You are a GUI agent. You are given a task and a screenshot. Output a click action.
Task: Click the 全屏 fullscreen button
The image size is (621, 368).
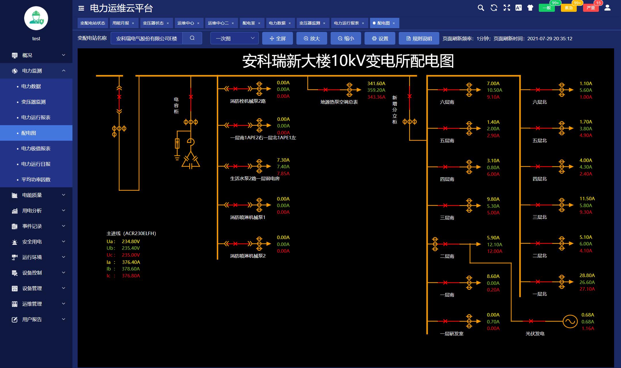click(277, 39)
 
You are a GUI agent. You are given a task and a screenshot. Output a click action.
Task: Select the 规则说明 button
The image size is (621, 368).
click(419, 39)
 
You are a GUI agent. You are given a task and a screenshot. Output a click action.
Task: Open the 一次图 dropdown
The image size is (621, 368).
click(235, 38)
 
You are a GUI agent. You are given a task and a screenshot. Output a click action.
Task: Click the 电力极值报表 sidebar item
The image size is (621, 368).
click(36, 148)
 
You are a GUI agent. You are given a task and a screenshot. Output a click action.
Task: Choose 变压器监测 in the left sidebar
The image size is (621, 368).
click(33, 102)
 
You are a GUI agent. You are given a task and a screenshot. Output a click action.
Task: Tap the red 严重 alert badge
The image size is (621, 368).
click(591, 8)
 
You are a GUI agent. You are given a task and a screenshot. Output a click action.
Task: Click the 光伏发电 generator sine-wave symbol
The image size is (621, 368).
click(570, 321)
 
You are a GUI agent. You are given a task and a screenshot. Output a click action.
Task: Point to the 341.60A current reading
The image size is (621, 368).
click(376, 83)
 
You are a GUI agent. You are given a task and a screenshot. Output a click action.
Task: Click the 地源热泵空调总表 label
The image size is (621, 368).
click(339, 102)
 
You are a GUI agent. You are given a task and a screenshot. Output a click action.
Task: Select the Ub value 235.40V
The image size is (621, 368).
click(131, 248)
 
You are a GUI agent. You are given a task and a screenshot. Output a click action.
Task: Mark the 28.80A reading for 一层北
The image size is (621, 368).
click(587, 275)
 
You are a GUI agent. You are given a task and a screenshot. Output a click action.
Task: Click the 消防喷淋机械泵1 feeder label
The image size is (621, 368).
click(248, 218)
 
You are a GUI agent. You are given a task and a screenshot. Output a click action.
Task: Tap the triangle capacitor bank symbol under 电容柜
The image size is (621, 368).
click(190, 162)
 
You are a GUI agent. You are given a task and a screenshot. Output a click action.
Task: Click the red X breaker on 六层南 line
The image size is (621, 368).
click(445, 90)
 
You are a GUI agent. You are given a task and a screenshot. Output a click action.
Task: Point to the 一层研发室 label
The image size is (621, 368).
click(452, 333)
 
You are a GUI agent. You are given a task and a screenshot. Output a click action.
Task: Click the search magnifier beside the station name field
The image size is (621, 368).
click(192, 38)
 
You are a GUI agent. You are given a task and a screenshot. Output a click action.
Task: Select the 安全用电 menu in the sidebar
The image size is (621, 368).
click(32, 242)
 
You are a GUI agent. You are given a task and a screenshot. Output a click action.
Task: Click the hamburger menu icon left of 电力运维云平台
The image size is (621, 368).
click(81, 8)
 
